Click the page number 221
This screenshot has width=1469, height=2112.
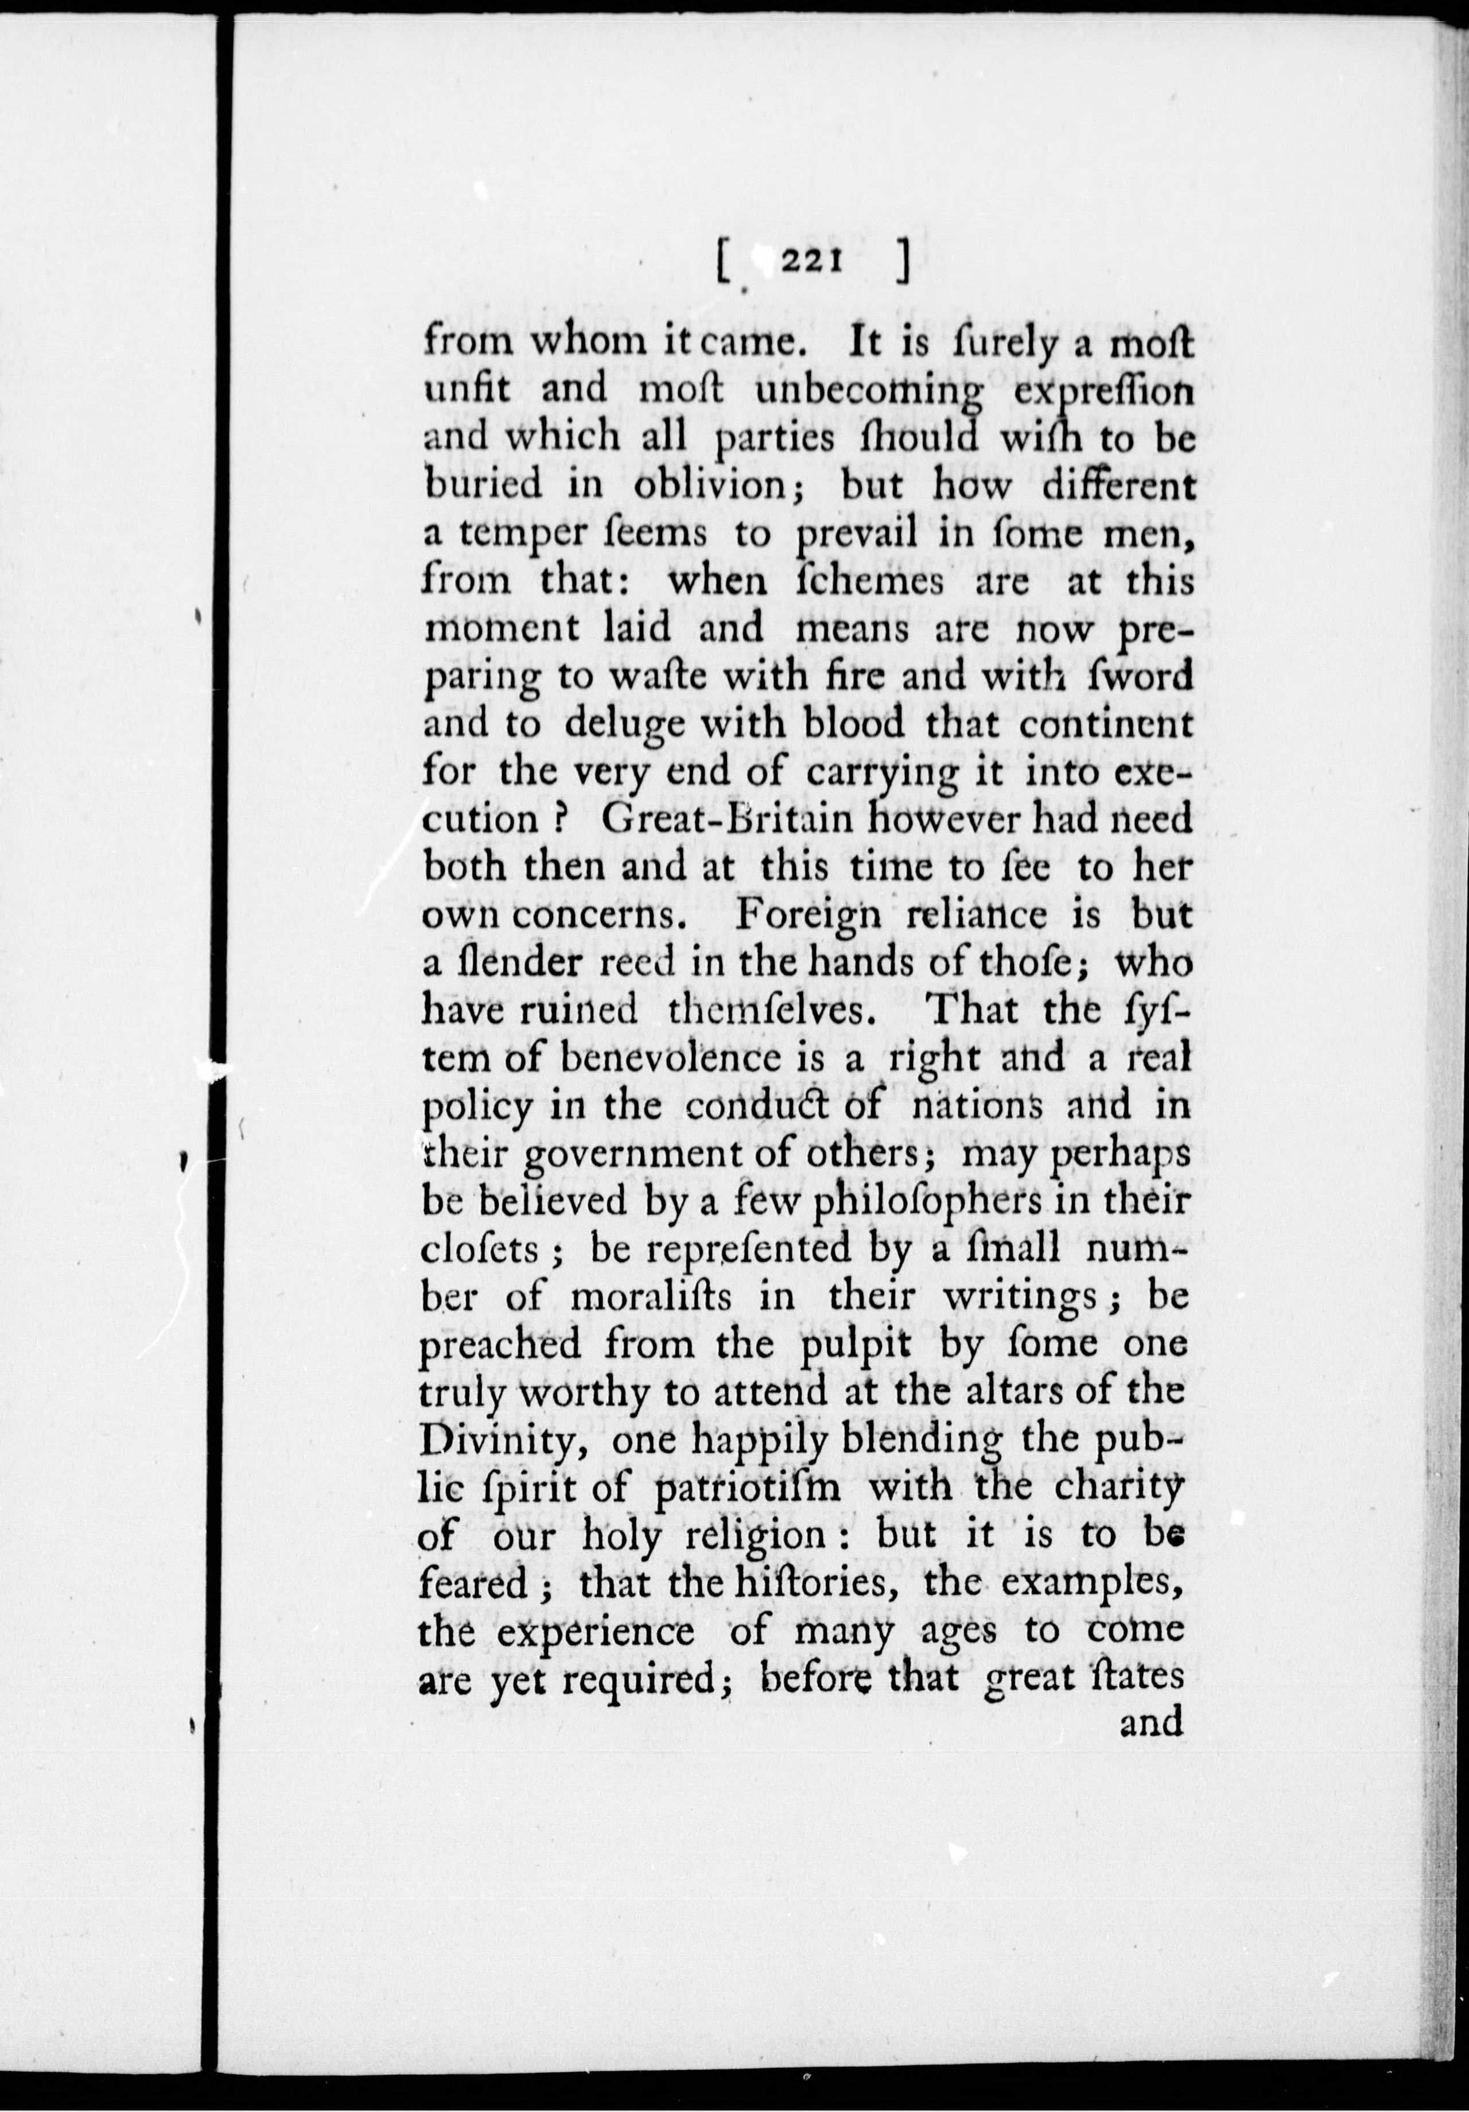pyautogui.click(x=810, y=263)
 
